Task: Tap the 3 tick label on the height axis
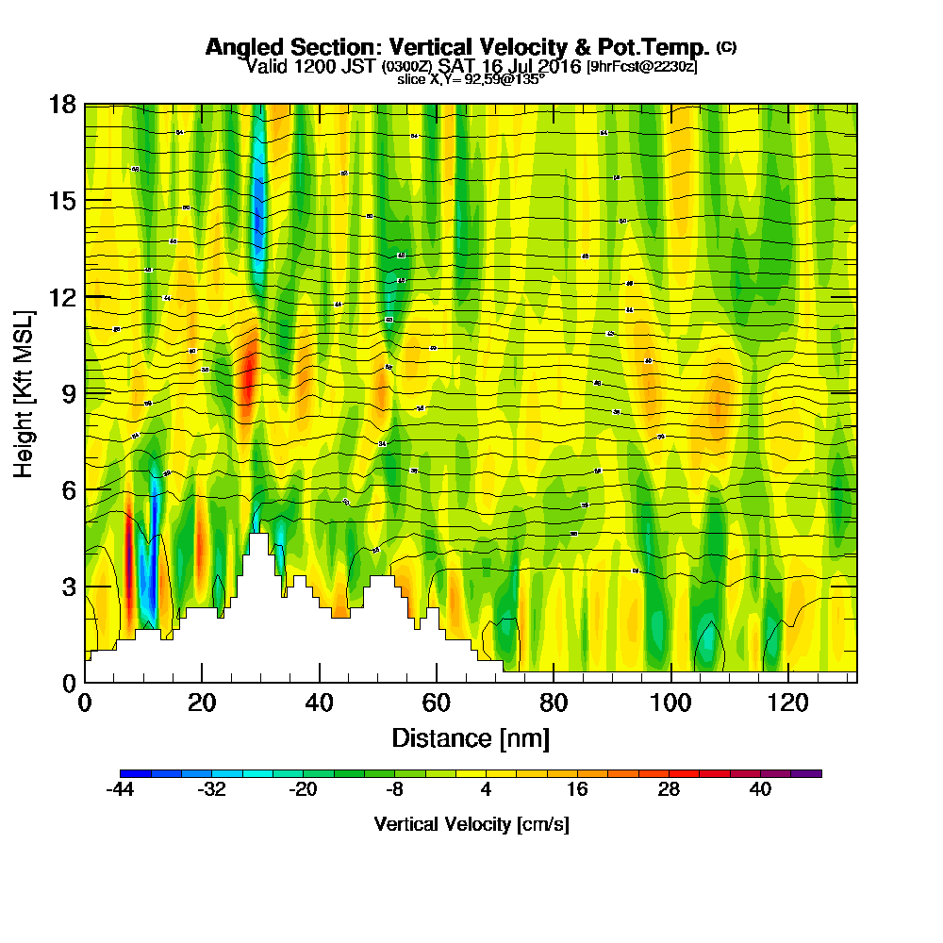pyautogui.click(x=69, y=586)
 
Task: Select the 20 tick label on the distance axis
pyautogui.click(x=201, y=703)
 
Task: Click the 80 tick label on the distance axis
pyautogui.click(x=554, y=703)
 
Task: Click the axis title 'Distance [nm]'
pyautogui.click(x=471, y=737)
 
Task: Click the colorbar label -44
pyautogui.click(x=120, y=790)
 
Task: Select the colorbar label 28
pyautogui.click(x=669, y=790)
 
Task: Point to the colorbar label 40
pyautogui.click(x=761, y=790)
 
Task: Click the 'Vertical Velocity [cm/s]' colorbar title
pyautogui.click(x=471, y=824)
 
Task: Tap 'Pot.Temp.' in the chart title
pyautogui.click(x=651, y=47)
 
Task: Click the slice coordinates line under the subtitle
pyautogui.click(x=471, y=80)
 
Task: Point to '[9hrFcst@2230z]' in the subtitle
pyautogui.click(x=641, y=66)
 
